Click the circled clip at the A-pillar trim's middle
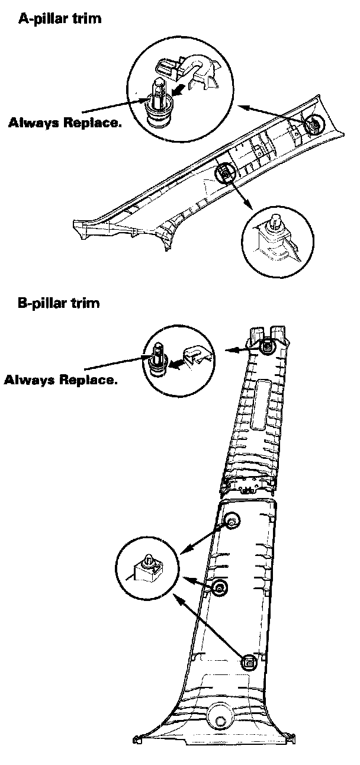[x=226, y=173]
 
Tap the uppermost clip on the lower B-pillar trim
[x=232, y=521]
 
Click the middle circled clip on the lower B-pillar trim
[x=220, y=587]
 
